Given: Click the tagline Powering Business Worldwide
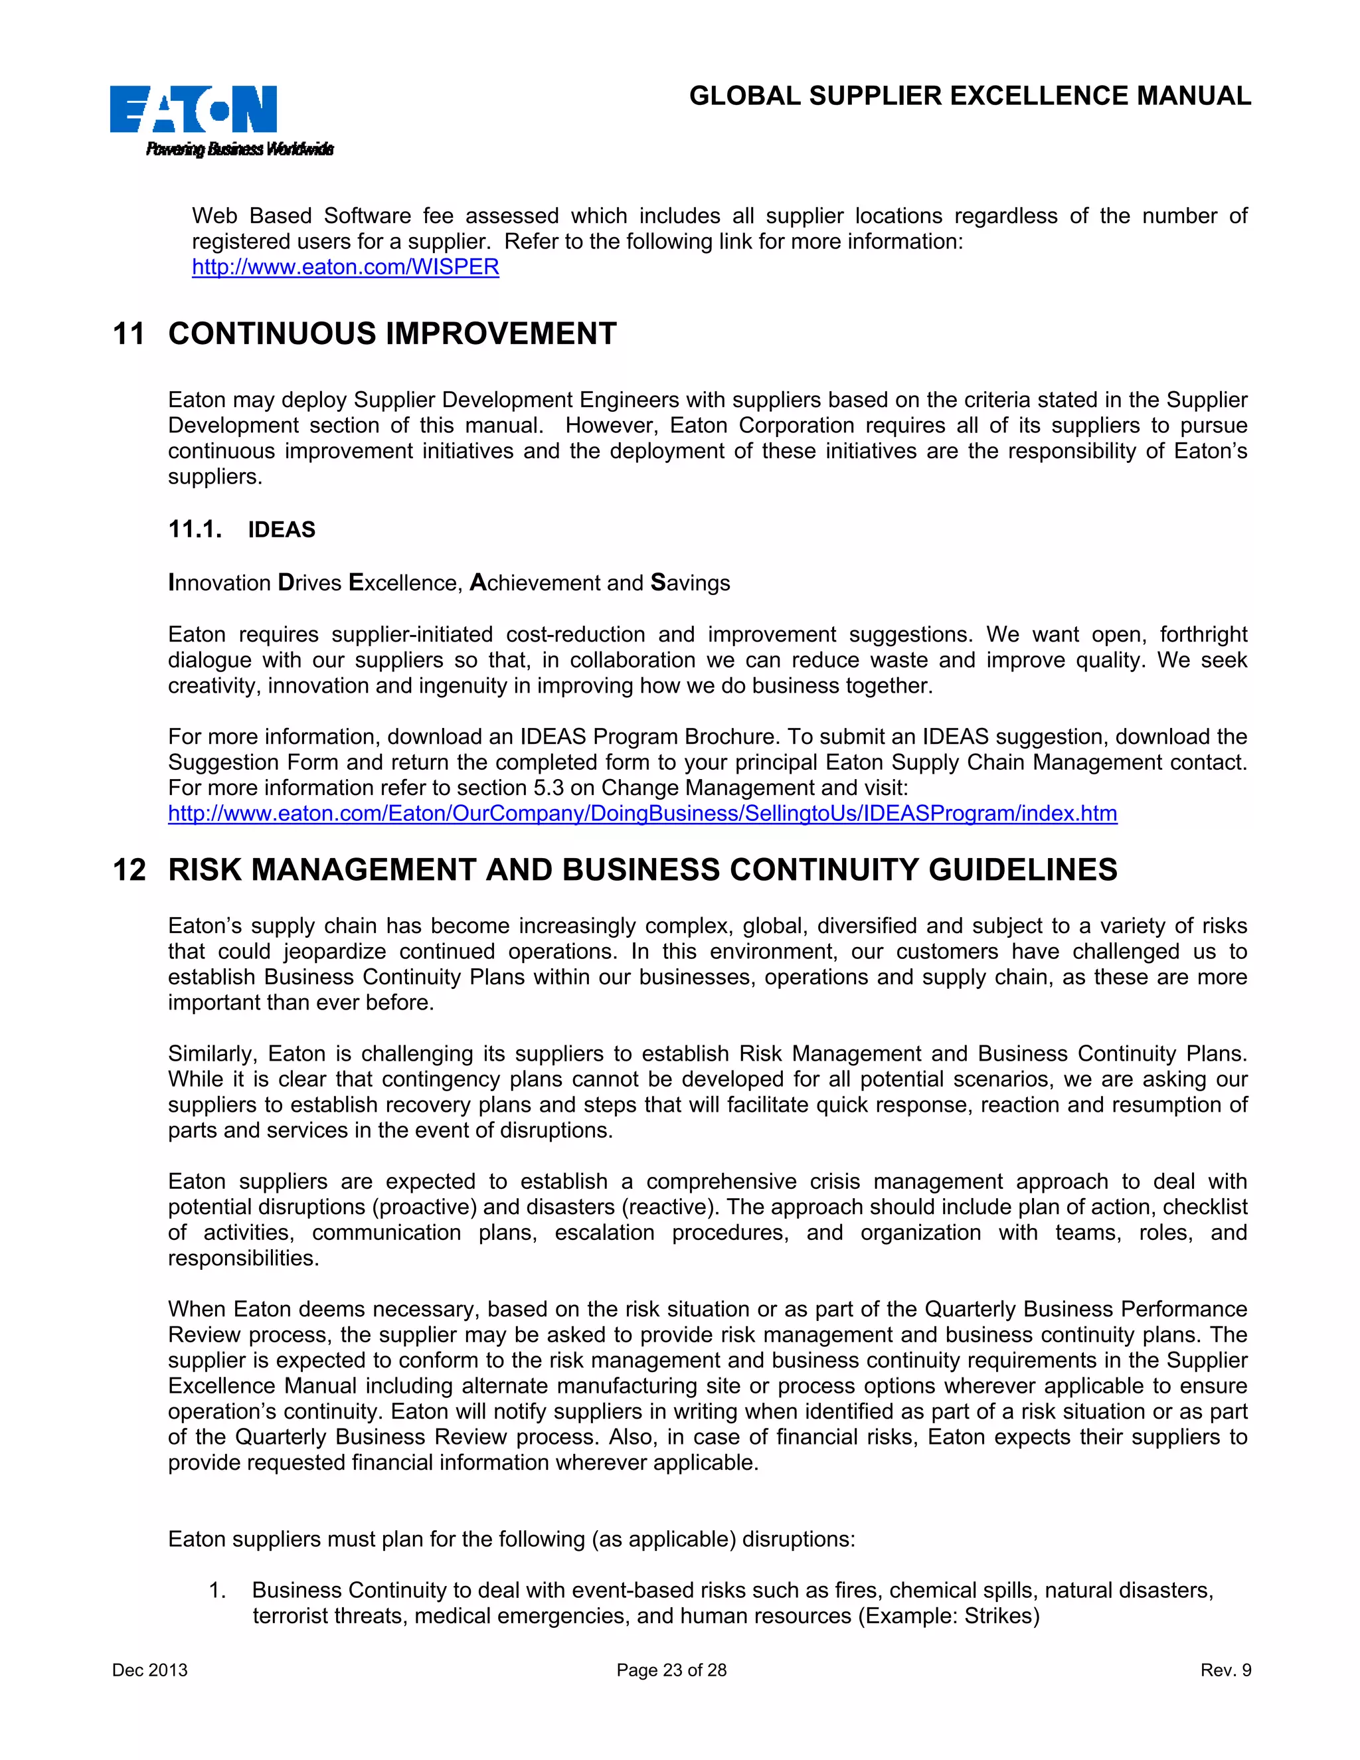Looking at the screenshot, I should coord(239,149).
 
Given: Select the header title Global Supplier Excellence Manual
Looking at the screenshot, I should coord(970,96).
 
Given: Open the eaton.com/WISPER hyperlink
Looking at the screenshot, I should coord(345,267).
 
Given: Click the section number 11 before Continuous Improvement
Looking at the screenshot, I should coord(129,333).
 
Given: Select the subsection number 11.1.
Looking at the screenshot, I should coord(195,529).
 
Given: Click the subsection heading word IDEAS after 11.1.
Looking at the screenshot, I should coord(281,529).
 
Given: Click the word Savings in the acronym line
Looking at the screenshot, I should coord(690,582).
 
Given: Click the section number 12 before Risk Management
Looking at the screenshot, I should coord(129,869).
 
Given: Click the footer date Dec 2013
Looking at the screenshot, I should coord(150,1670).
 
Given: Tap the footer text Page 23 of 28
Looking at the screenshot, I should coord(671,1670).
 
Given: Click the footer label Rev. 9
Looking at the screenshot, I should coord(1225,1670).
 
